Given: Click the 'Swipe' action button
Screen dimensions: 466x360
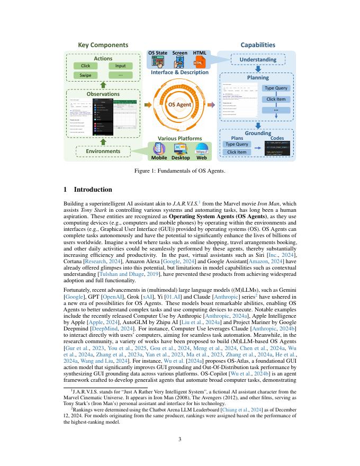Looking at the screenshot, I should point(86,75).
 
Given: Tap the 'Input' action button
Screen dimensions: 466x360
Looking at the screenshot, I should point(121,66).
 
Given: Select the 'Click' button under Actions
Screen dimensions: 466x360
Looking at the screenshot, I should point(86,66).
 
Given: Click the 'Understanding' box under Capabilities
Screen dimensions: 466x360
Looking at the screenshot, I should point(258,59).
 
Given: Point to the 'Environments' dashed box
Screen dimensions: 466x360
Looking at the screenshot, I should point(103,151).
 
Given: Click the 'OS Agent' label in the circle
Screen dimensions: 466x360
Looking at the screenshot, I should point(179,105).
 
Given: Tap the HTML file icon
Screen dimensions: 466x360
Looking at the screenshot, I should point(199,63).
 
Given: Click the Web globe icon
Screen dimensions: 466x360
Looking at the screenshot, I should point(201,149).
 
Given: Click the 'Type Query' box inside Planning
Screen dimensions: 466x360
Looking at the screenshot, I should point(276,88).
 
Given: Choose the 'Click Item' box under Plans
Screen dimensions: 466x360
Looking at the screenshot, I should point(236,152).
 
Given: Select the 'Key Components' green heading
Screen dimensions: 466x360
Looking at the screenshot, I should point(103,45).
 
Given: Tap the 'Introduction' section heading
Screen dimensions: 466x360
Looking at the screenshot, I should point(93,190).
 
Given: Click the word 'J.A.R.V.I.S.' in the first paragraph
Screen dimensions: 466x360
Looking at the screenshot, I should point(182,203).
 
